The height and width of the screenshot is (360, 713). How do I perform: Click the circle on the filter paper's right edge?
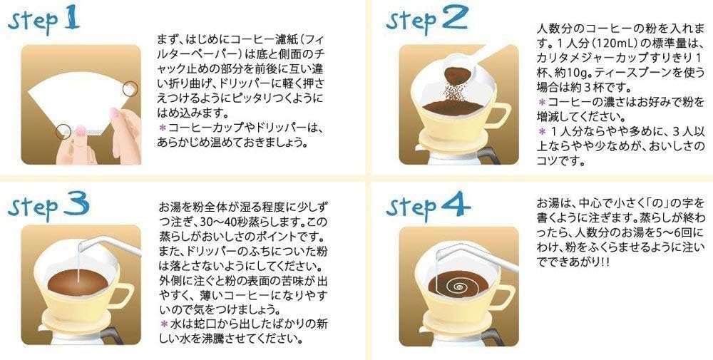[x=130, y=88]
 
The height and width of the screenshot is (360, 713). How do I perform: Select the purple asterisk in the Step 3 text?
[x=163, y=324]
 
